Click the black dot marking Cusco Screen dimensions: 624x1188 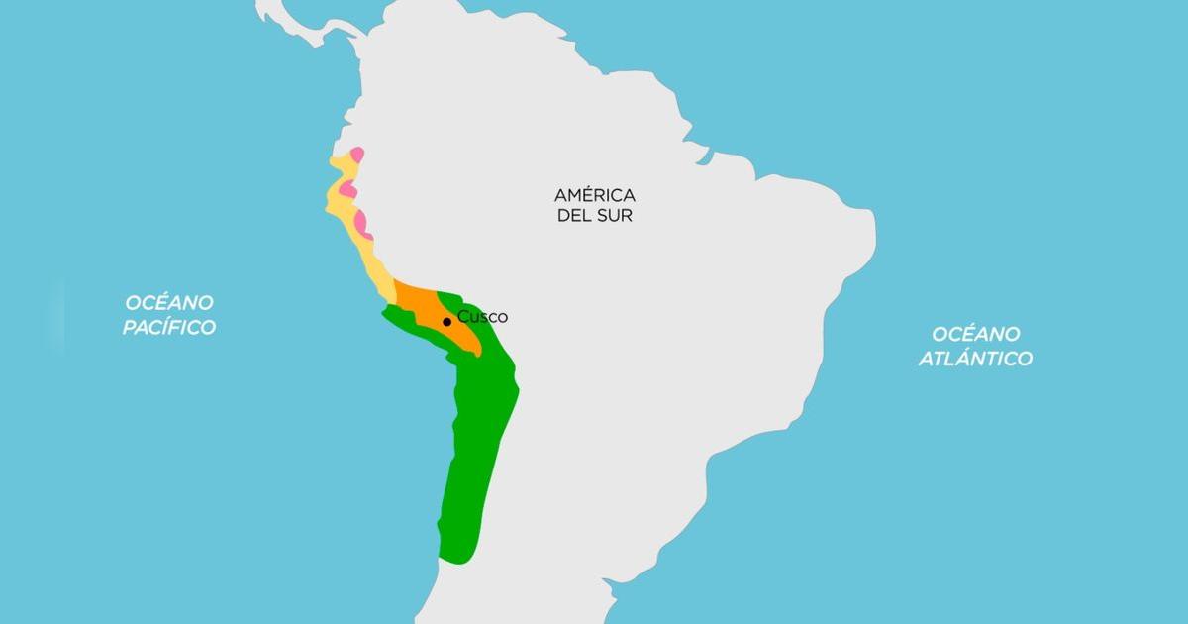coord(447,321)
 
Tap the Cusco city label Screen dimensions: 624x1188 coord(482,317)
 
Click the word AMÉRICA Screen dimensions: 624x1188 coord(594,194)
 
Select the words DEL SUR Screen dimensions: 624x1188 coord(594,215)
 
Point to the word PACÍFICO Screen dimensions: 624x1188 coord(169,327)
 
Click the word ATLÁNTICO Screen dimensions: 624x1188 coord(974,359)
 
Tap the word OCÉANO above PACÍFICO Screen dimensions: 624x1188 coord(169,301)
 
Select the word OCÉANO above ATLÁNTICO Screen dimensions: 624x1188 coord(974,334)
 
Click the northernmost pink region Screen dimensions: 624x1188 coord(357,155)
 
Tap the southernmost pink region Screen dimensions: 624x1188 coord(362,224)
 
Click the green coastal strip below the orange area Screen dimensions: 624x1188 coord(416,328)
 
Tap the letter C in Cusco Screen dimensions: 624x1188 coord(462,317)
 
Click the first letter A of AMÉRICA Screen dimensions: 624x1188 coord(560,194)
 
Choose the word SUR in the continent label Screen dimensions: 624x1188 coord(614,215)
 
